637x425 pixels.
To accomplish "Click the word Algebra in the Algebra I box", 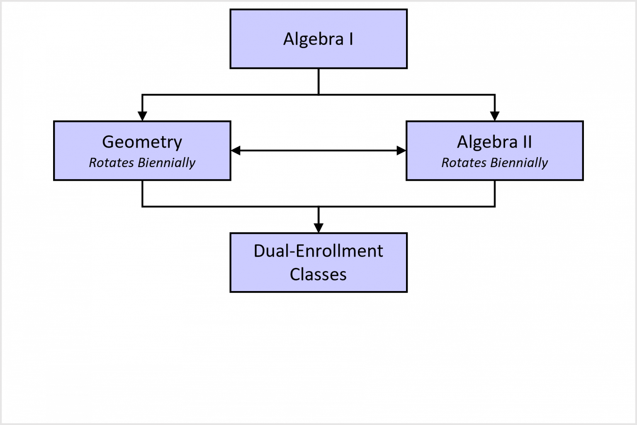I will (x=313, y=39).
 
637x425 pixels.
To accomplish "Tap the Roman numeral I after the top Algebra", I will (x=351, y=39).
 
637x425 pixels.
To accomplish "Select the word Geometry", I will (x=142, y=142).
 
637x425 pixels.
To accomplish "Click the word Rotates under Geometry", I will (x=111, y=163).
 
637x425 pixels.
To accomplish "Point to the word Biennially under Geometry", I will (x=167, y=163).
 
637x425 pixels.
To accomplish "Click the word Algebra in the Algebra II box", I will (x=487, y=142).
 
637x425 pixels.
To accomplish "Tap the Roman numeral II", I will (x=527, y=142).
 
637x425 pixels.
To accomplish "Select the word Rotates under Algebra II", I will (x=464, y=163).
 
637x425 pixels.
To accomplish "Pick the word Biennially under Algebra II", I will (x=519, y=163).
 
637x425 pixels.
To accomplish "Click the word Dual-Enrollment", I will (x=318, y=251).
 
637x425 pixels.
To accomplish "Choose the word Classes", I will (x=318, y=274).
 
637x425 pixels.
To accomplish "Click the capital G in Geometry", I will (x=108, y=142).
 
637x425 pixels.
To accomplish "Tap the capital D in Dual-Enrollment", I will (x=260, y=251).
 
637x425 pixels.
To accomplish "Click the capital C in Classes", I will (x=295, y=274).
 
